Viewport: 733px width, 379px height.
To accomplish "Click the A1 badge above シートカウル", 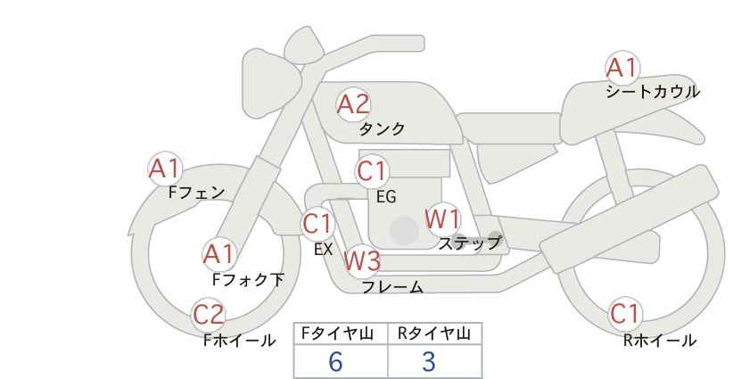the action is click(622, 68).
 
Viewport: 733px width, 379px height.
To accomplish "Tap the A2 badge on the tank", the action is click(353, 104).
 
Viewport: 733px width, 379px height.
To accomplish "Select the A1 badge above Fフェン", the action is click(165, 169).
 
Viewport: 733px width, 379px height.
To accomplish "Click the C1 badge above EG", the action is click(372, 171).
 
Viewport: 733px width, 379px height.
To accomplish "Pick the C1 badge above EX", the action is click(317, 224).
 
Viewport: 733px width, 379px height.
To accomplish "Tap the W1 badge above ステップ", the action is click(442, 219).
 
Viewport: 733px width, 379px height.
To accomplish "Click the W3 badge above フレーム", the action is click(362, 260).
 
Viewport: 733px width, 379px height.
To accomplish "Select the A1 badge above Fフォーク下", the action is click(218, 255).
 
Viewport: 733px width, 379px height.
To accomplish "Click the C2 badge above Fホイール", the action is click(209, 315).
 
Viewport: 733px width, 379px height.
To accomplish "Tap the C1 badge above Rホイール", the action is click(625, 314).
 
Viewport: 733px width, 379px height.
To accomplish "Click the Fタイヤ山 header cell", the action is click(341, 334).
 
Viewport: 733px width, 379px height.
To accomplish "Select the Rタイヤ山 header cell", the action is click(435, 334).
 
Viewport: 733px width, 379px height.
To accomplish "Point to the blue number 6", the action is click(335, 361).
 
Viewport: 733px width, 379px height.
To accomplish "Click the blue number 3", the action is click(429, 361).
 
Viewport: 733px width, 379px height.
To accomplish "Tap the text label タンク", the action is click(382, 129).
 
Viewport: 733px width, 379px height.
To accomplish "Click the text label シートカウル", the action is click(653, 92).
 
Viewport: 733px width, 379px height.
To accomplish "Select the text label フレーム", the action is click(392, 287).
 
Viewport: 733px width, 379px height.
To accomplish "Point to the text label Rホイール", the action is click(660, 341).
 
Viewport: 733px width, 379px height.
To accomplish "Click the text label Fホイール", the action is click(239, 341).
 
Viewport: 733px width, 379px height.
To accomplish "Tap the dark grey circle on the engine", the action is click(404, 230).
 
